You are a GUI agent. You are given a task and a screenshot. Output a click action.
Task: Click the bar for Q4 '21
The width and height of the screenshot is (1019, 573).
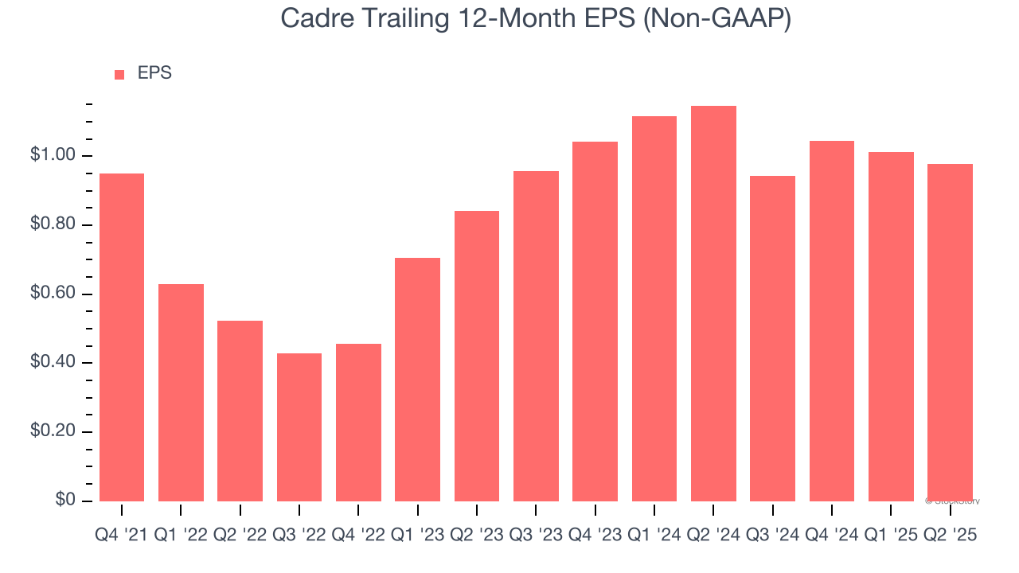point(122,337)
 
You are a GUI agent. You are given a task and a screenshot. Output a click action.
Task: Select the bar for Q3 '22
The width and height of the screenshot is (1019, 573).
point(299,427)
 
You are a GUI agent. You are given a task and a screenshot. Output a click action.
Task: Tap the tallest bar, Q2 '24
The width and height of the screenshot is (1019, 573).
point(713,303)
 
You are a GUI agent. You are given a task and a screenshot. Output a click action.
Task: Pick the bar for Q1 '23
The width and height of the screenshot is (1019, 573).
point(417,380)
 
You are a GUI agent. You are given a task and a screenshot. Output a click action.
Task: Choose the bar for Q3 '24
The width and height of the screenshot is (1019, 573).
point(772,338)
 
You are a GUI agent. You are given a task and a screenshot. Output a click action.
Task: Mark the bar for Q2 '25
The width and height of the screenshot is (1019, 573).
point(950,333)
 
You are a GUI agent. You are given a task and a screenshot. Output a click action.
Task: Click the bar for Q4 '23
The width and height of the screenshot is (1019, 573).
point(595,322)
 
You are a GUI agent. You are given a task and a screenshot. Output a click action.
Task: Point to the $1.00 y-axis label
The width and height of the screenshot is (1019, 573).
point(53,155)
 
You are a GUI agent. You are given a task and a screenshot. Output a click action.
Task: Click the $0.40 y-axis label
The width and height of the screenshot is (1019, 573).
point(53,363)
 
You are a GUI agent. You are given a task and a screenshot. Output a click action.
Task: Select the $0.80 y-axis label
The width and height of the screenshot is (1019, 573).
point(53,224)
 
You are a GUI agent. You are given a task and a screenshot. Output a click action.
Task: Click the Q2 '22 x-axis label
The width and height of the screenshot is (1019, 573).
point(240,536)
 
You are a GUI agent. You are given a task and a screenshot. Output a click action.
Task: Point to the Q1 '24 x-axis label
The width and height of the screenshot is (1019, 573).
point(654,536)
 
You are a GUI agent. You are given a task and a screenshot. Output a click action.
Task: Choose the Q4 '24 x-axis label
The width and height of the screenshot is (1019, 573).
point(832,536)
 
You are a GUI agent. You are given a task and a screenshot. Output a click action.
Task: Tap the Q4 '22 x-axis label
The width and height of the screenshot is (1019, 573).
point(358,536)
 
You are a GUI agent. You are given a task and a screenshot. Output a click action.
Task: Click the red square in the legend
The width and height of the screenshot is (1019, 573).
point(119,75)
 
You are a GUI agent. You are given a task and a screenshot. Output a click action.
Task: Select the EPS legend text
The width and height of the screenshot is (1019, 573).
point(154,73)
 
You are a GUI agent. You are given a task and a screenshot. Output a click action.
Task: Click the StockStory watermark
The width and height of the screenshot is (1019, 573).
point(952,501)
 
